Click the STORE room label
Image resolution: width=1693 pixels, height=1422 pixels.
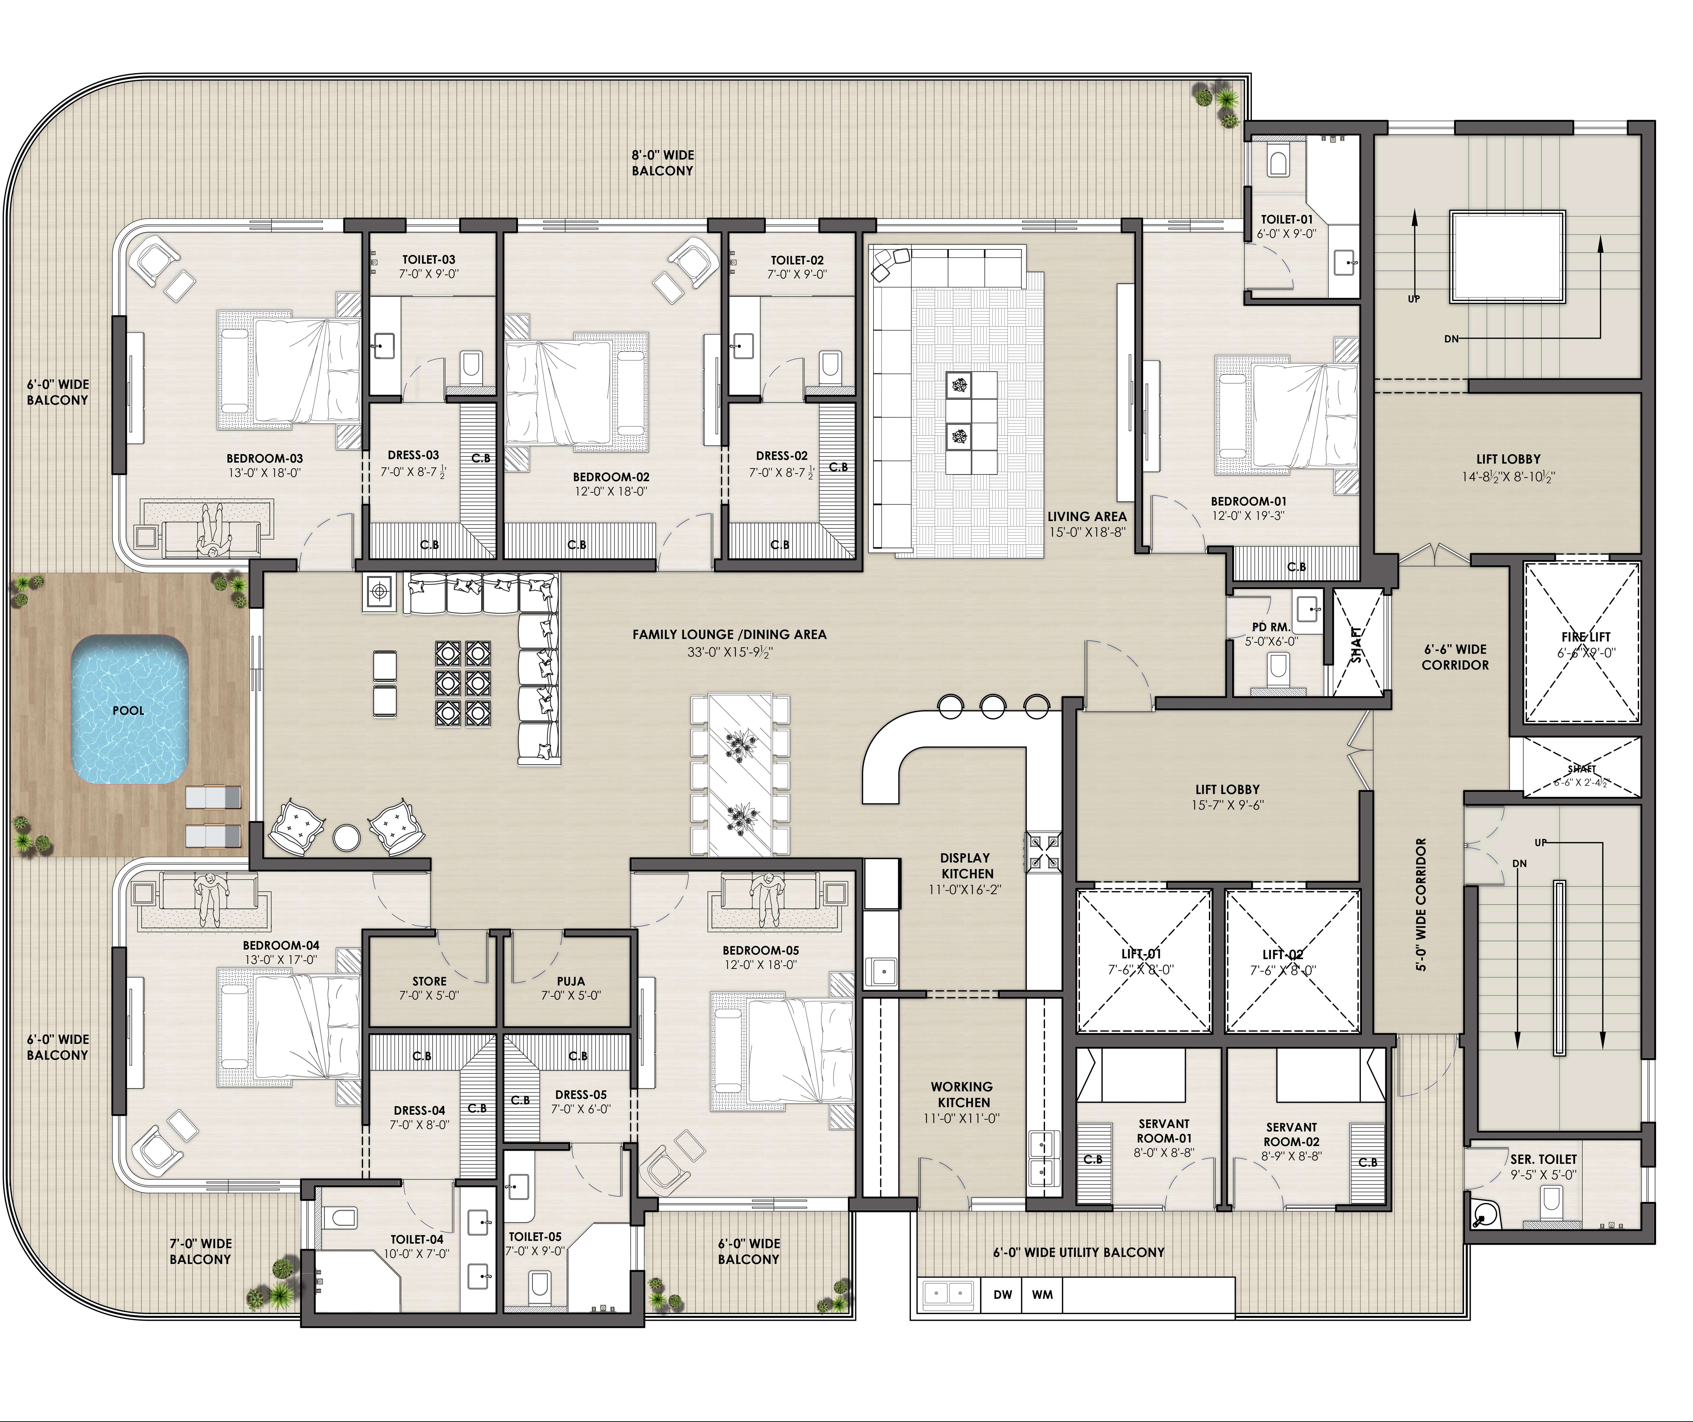(x=429, y=981)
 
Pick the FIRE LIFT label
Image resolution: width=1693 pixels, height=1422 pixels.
(x=1586, y=637)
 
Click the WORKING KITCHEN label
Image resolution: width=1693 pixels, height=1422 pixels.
(x=962, y=1094)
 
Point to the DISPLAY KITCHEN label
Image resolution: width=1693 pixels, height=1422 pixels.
(x=966, y=865)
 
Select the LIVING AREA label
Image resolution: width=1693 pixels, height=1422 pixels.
(x=1086, y=516)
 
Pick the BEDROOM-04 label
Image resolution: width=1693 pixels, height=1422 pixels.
(x=281, y=945)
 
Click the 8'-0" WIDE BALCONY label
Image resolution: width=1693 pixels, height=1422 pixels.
(x=662, y=162)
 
